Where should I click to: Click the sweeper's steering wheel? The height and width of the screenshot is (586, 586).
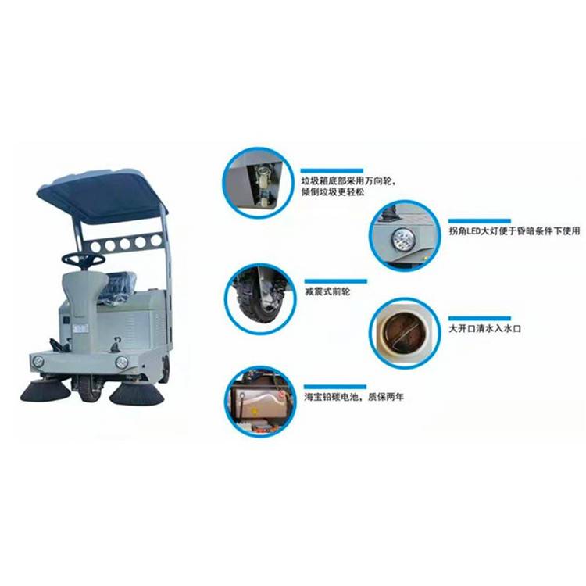[x=83, y=259]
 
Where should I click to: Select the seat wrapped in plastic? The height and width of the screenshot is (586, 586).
[x=118, y=287]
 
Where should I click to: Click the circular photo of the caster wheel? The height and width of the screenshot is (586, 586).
[x=258, y=183]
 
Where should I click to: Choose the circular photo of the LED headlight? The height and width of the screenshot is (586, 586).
[x=405, y=236]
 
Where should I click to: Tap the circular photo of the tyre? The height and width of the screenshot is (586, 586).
[x=261, y=299]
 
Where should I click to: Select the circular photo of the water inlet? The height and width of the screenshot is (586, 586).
[x=405, y=333]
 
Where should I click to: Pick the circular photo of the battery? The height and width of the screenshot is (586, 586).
[x=260, y=402]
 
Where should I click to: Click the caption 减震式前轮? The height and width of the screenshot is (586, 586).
[x=327, y=291]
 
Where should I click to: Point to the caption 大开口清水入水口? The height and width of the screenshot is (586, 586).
[x=484, y=329]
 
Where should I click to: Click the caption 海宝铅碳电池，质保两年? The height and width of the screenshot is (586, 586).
[x=353, y=397]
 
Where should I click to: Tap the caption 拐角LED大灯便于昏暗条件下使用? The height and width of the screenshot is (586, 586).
[x=514, y=231]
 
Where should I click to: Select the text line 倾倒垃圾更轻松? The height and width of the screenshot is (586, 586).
[x=333, y=192]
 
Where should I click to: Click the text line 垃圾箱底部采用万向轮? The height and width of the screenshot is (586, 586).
[x=347, y=181]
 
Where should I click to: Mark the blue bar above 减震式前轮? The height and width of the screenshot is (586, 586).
[x=336, y=281]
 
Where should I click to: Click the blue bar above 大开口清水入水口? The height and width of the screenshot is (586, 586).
[x=480, y=319]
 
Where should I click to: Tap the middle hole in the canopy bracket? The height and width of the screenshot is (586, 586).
[x=125, y=244]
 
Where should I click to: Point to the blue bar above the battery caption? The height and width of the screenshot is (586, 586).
[x=335, y=387]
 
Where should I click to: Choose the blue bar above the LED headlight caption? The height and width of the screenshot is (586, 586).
[x=480, y=221]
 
